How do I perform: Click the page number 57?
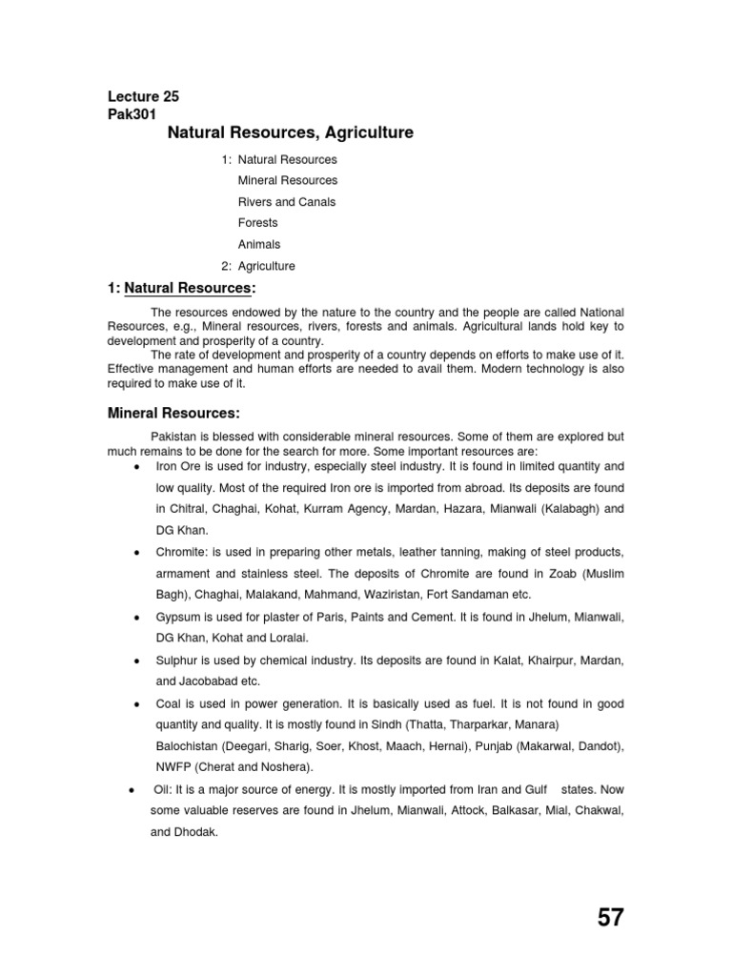pyautogui.click(x=611, y=917)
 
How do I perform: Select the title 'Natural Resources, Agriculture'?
pyautogui.click(x=291, y=133)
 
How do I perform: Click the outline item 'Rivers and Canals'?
pyautogui.click(x=287, y=202)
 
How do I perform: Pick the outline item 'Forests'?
pyautogui.click(x=258, y=223)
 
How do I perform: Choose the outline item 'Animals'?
pyautogui.click(x=259, y=245)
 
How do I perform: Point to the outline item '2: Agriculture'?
pyautogui.click(x=257, y=267)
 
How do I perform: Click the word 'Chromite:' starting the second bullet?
pyautogui.click(x=181, y=553)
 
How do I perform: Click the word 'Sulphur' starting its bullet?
pyautogui.click(x=177, y=661)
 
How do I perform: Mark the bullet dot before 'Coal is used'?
pyautogui.click(x=139, y=704)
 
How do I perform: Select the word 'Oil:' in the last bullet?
pyautogui.click(x=165, y=790)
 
